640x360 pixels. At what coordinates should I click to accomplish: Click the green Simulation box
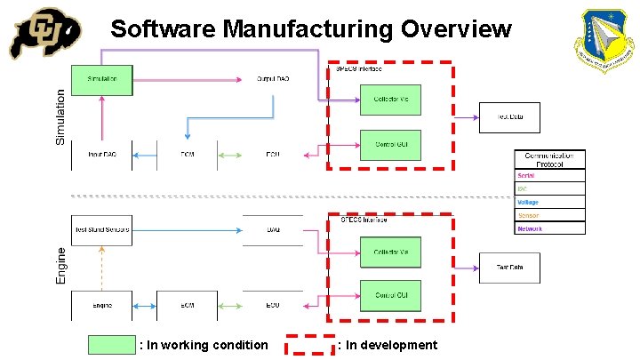pyautogui.click(x=101, y=79)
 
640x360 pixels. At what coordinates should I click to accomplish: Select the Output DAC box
pyautogui.click(x=273, y=79)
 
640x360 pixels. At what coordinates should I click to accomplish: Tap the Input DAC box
pyautogui.click(x=101, y=155)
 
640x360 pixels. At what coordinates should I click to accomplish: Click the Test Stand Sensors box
pyautogui.click(x=101, y=229)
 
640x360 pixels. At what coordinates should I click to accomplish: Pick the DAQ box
pyautogui.click(x=273, y=229)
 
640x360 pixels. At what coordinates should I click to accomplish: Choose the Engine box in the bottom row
pyautogui.click(x=101, y=305)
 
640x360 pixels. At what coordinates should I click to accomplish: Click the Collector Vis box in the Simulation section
pyautogui.click(x=390, y=100)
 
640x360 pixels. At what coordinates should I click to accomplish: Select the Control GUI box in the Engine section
pyautogui.click(x=390, y=295)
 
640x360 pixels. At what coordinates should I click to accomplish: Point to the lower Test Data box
pyautogui.click(x=509, y=268)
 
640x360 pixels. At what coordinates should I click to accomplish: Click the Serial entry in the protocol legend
pyautogui.click(x=550, y=175)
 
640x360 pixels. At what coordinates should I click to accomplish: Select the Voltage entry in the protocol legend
pyautogui.click(x=550, y=202)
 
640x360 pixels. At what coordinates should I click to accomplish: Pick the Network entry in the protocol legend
pyautogui.click(x=550, y=228)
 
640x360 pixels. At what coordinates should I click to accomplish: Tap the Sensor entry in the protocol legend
pyautogui.click(x=550, y=215)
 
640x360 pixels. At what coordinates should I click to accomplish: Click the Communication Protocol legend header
pyautogui.click(x=550, y=159)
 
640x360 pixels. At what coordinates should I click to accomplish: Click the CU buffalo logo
pyautogui.click(x=44, y=34)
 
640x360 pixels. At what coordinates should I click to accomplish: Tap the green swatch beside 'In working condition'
pyautogui.click(x=112, y=345)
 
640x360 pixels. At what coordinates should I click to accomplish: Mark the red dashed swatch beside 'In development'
pyautogui.click(x=308, y=345)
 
